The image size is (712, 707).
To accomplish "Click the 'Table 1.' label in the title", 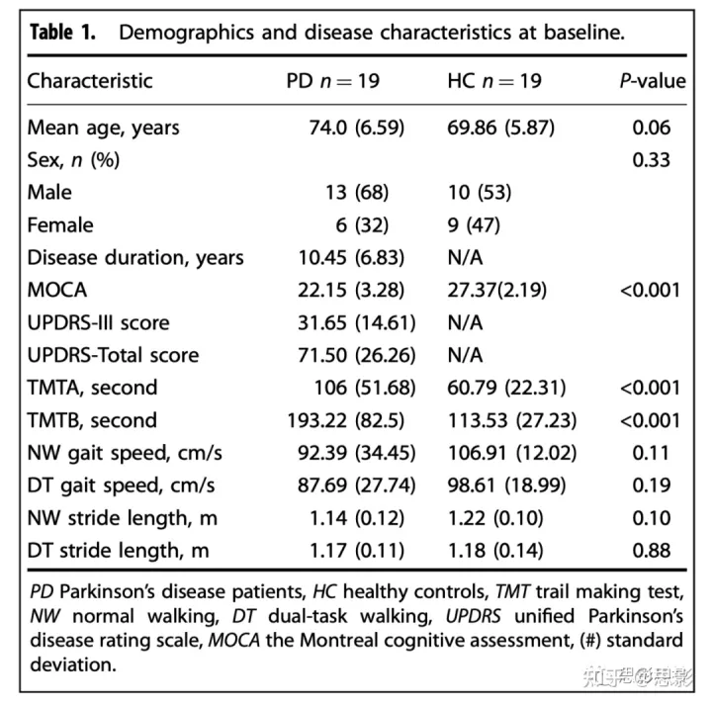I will click(62, 32).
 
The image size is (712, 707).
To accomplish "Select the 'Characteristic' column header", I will click(90, 81).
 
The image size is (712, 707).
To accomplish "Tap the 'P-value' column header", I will click(653, 81).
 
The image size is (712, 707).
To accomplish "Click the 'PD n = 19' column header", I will click(332, 81).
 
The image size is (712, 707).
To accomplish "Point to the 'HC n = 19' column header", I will click(494, 81).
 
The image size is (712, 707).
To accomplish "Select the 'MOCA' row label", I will click(57, 290).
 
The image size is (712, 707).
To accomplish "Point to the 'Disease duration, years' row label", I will click(135, 257).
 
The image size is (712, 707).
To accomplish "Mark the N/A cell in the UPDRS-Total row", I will click(466, 355).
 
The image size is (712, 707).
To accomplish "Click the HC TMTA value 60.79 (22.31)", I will click(511, 388).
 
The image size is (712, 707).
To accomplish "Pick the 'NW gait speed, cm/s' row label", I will click(125, 453).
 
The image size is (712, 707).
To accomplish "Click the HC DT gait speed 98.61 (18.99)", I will click(511, 486).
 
